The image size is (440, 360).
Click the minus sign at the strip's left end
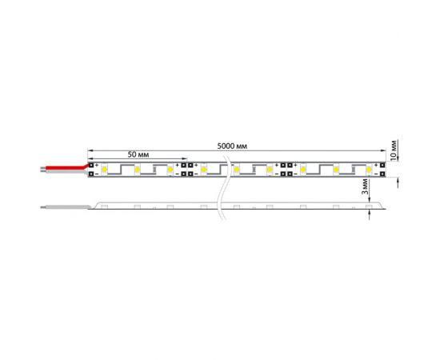coord(98,174)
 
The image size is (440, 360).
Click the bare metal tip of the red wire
coord(42,168)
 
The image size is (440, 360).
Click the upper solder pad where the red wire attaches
coord(91,164)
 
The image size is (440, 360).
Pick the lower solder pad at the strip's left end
coord(91,174)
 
